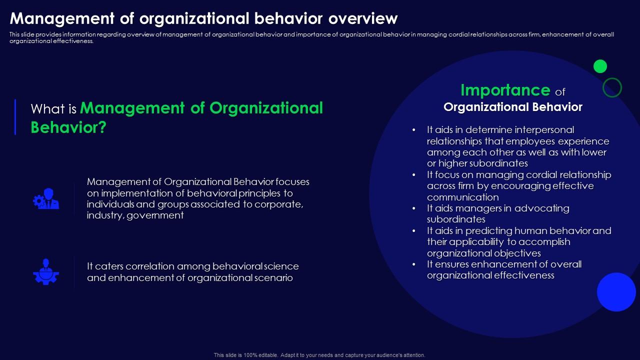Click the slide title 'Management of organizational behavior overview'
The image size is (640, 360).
(203, 18)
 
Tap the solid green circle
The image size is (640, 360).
(600, 66)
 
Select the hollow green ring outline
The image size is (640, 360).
(612, 87)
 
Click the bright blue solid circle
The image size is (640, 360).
(616, 292)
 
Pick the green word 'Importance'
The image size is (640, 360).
(505, 90)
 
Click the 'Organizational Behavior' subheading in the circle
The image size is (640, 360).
(513, 107)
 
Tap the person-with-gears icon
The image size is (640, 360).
(46, 198)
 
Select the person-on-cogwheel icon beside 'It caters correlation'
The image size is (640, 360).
(46, 271)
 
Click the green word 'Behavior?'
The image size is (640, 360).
(68, 127)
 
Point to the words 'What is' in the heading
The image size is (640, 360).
(53, 109)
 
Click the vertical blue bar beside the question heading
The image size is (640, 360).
(15, 117)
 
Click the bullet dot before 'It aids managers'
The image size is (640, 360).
(414, 208)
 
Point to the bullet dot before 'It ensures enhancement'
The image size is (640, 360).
(414, 264)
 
